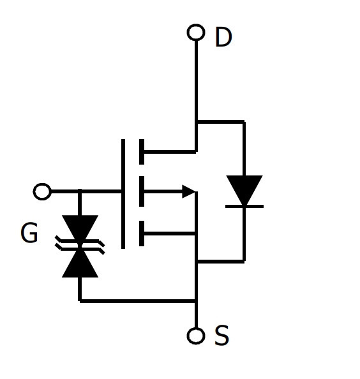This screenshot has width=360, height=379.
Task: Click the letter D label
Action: coord(223,37)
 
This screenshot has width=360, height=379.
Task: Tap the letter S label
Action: coord(221,335)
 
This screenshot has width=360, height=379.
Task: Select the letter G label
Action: coord(29,232)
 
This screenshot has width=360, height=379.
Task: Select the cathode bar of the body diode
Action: coord(244,207)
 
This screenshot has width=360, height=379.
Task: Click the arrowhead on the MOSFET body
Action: coord(188,191)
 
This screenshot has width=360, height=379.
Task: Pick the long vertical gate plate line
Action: coord(123,193)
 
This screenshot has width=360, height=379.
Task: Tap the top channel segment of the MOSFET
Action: coord(142,152)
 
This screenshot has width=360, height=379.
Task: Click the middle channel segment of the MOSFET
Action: coord(142,191)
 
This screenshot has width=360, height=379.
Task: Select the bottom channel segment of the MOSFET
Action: coord(142,234)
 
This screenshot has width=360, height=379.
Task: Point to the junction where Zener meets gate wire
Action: coord(80,191)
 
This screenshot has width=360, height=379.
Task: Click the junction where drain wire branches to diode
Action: coord(197,122)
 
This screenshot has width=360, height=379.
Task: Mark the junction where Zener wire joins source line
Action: coord(196,301)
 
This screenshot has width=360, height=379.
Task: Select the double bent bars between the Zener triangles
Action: coord(80,245)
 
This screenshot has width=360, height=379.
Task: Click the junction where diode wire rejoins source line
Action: coord(197,262)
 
